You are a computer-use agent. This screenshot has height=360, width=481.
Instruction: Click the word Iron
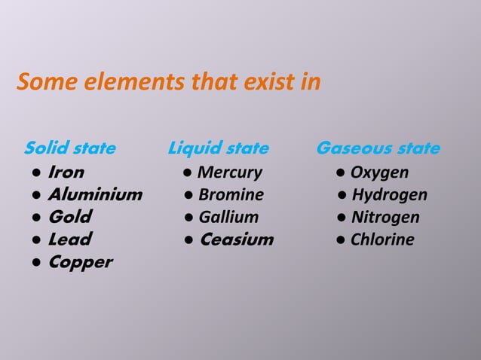coord(66,172)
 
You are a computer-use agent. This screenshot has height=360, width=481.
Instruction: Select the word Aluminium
coord(95,195)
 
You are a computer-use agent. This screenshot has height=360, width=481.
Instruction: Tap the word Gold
coord(69,218)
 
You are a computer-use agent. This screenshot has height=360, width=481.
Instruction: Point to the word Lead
coord(69,239)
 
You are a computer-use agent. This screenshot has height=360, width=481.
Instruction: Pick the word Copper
coord(80,262)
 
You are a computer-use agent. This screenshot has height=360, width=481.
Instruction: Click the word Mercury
coord(229,172)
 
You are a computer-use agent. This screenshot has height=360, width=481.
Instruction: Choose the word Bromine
coord(231,195)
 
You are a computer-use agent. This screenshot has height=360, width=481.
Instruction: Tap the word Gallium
coord(228,218)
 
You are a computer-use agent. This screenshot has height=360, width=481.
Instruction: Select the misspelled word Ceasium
coord(236,239)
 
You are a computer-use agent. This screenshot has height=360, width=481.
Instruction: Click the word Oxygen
coord(379,172)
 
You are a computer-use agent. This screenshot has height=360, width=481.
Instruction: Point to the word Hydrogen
coord(389,195)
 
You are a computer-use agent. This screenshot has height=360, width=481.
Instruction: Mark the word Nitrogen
coord(385,218)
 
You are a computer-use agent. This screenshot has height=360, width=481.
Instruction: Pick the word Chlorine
coord(382,239)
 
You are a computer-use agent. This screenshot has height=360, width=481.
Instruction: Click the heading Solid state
coord(70,148)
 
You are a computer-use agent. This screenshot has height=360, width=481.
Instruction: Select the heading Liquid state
coord(218,148)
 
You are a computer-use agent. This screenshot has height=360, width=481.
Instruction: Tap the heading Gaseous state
coord(378,148)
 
